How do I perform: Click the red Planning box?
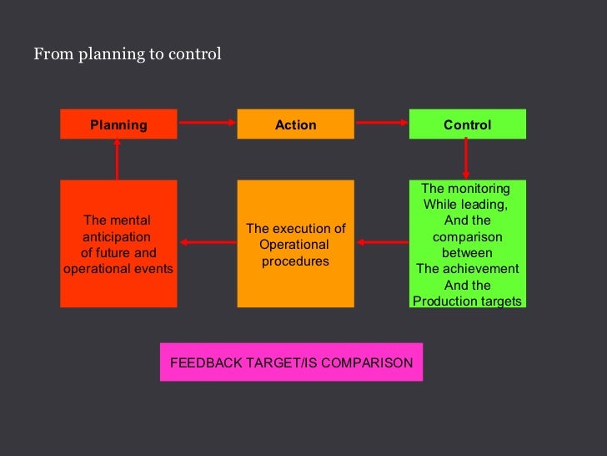click(118, 124)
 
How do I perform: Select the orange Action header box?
click(295, 124)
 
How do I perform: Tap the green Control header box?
click(467, 124)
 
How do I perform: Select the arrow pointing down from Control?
click(466, 159)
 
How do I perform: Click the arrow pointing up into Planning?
click(117, 159)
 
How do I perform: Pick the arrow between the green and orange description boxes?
click(382, 243)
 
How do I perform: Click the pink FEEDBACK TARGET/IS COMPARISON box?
click(291, 362)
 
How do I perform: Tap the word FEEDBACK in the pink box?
click(203, 363)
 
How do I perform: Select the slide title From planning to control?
click(128, 54)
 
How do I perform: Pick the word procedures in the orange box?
click(295, 261)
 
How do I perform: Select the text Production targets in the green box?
click(467, 301)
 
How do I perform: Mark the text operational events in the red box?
click(118, 269)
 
